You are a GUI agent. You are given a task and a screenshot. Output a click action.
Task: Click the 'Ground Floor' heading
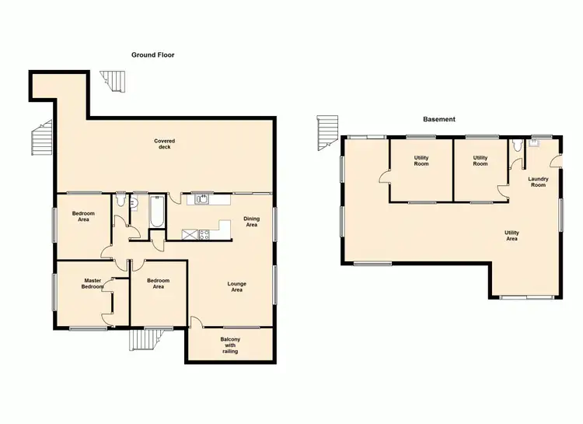[x=153, y=55]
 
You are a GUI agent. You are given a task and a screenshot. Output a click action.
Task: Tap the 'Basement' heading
[x=439, y=119]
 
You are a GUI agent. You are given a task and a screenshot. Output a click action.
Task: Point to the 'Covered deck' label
[x=164, y=145]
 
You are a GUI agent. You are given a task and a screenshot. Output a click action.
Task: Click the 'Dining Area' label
[x=251, y=222]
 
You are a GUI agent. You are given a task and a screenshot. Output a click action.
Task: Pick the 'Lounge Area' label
[x=236, y=286]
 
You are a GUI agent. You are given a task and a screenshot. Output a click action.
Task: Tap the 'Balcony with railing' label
[x=229, y=345]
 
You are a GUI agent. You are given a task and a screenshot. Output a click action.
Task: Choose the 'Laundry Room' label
[x=538, y=182]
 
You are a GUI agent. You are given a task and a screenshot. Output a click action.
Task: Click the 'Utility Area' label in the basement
[x=511, y=235]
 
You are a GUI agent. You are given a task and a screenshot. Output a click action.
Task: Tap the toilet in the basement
[x=518, y=145]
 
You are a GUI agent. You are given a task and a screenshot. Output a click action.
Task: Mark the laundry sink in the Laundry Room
[x=535, y=143]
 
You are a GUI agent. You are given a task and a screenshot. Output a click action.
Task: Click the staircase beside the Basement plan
[x=328, y=134]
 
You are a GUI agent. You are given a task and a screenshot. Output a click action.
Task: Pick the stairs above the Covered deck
[x=116, y=80]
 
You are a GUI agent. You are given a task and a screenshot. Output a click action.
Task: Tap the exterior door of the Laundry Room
[x=556, y=161]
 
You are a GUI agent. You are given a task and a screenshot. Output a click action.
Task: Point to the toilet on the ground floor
[x=119, y=202]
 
